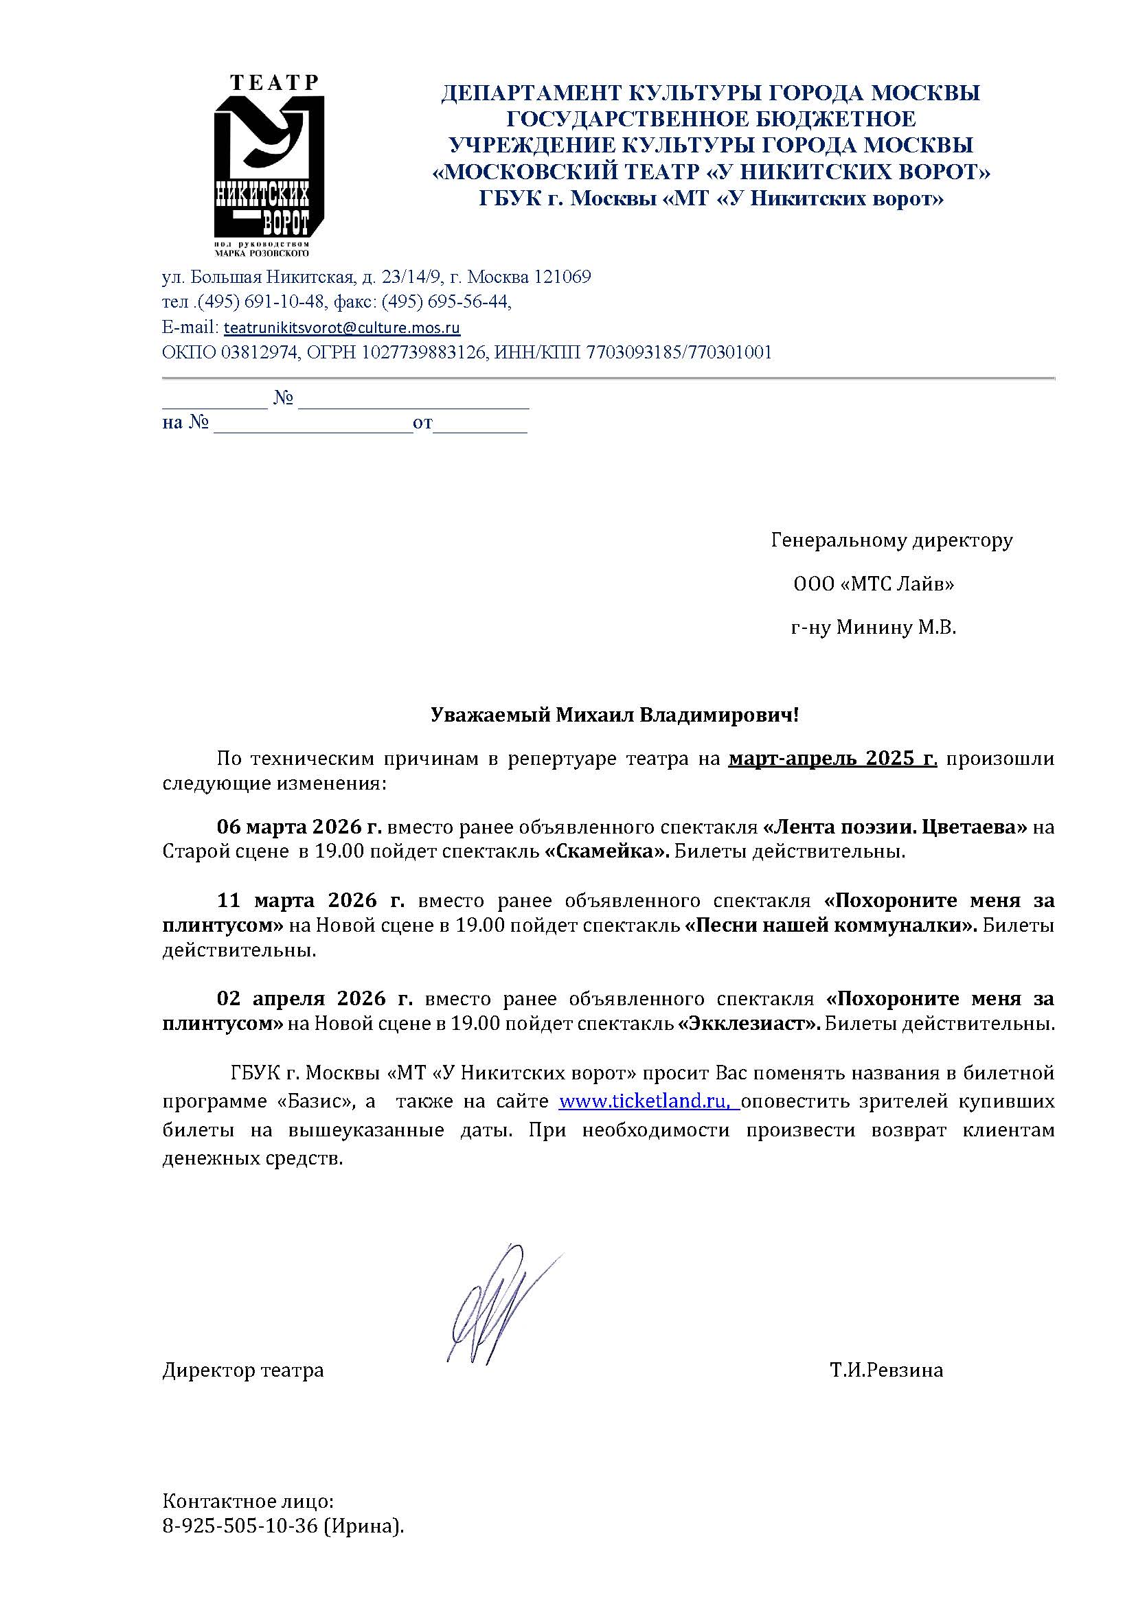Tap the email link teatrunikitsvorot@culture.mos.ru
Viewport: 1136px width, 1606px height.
tap(341, 328)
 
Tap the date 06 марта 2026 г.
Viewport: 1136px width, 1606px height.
tap(299, 827)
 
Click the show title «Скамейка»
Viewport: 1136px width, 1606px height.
tap(606, 852)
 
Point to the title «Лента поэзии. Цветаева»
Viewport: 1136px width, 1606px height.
tap(895, 827)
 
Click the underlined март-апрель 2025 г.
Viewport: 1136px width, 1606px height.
tap(832, 759)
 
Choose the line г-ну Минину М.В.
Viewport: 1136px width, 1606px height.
tap(873, 628)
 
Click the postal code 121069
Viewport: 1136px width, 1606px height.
tap(563, 277)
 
